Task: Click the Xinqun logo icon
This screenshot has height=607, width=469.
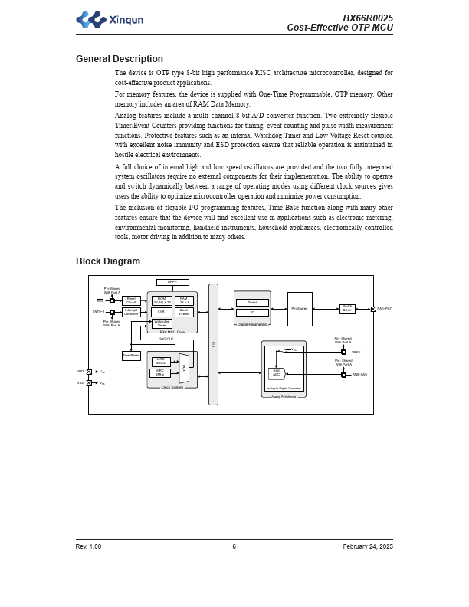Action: [x=90, y=20]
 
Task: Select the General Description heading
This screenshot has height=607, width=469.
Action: [x=119, y=59]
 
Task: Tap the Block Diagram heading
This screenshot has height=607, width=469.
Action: [x=107, y=261]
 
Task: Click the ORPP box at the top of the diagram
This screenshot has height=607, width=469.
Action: [x=172, y=282]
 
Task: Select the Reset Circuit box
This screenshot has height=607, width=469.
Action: [x=131, y=300]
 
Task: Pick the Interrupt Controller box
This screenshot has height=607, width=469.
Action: [x=131, y=312]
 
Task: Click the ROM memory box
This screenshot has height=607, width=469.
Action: [x=162, y=300]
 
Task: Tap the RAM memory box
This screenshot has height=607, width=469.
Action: [x=184, y=300]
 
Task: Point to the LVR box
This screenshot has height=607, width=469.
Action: [x=162, y=312]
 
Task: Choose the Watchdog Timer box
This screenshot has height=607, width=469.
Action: [x=162, y=323]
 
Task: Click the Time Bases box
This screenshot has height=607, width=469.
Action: [x=131, y=356]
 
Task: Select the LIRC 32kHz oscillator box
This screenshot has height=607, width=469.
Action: [x=160, y=360]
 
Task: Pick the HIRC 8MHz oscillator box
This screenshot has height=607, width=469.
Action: [x=160, y=372]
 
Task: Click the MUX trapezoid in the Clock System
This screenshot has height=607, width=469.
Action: [x=184, y=368]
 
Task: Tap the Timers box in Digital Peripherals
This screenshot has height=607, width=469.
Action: [x=252, y=303]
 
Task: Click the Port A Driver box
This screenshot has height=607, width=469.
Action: [x=347, y=309]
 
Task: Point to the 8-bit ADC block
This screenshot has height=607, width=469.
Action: [x=277, y=373]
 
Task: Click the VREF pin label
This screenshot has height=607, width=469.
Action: [x=356, y=352]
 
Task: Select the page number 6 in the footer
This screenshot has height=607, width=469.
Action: [x=235, y=546]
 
